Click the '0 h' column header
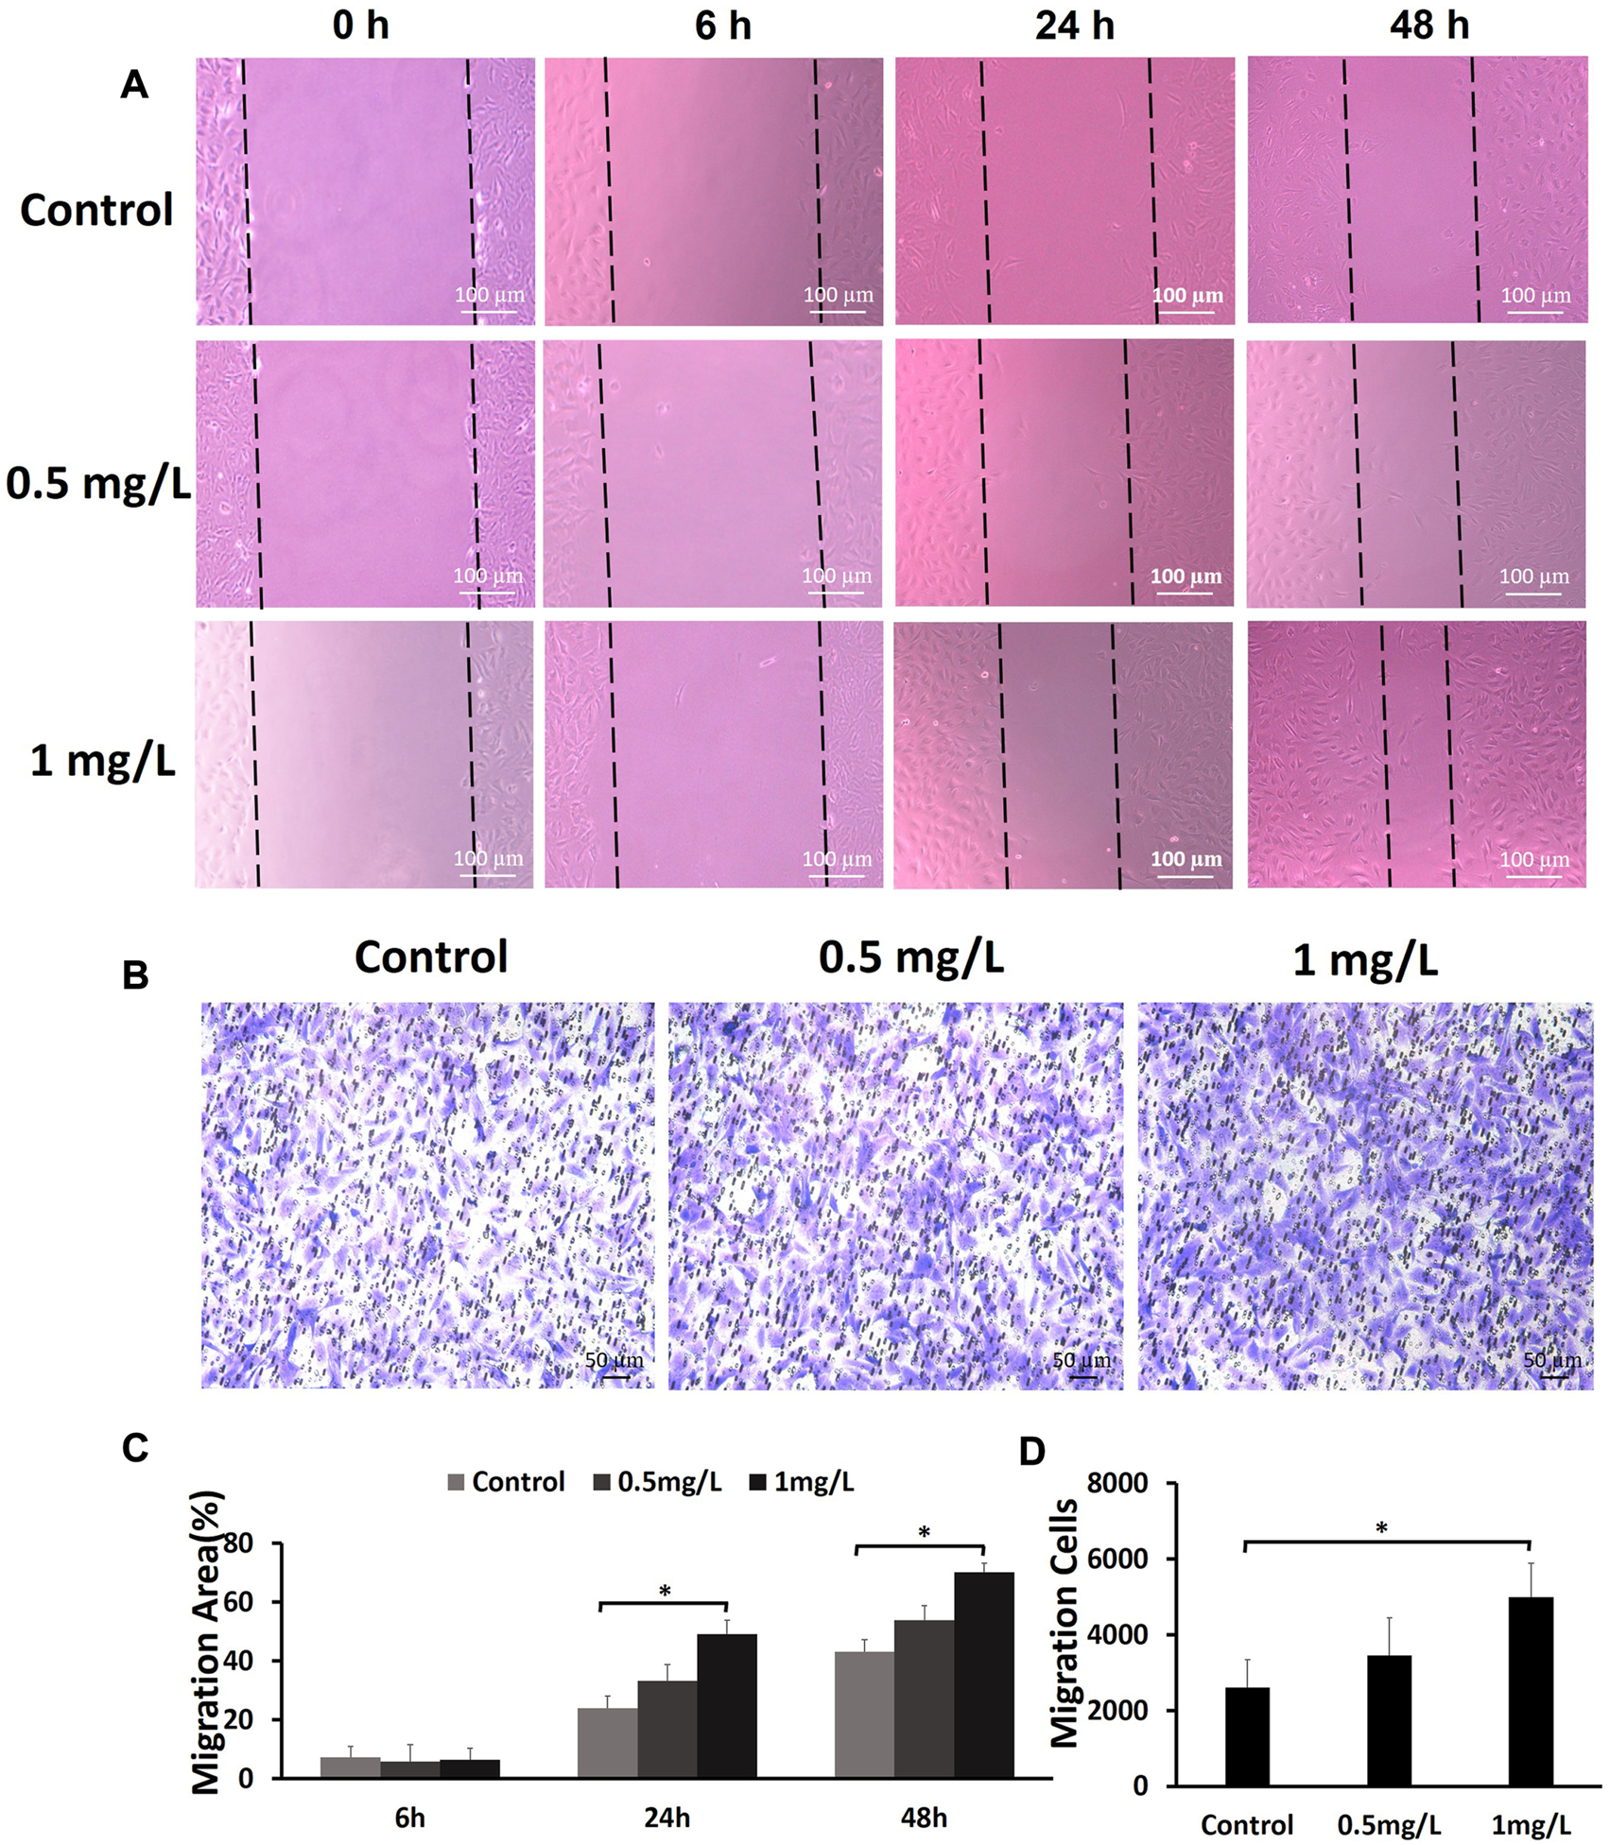tap(360, 25)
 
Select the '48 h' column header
tap(1428, 25)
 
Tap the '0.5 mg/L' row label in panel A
tap(98, 483)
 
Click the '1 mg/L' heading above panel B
tap(1364, 960)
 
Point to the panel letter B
tap(135, 974)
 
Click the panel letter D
tap(1032, 1451)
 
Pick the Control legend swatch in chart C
tap(456, 1482)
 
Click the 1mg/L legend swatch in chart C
tap(757, 1482)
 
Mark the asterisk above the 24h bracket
tap(665, 1591)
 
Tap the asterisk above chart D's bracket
tap(1381, 1528)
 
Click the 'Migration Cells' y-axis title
tap(1065, 1623)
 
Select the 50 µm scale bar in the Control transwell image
tap(615, 1376)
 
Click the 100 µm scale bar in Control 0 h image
tap(490, 309)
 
